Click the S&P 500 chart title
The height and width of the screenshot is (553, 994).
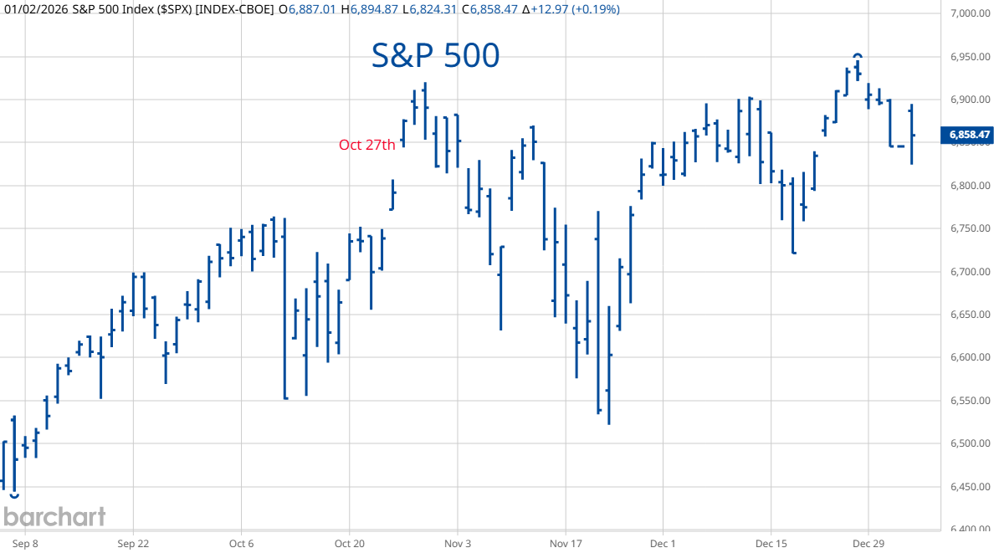pyautogui.click(x=435, y=56)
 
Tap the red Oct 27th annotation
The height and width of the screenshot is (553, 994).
pyautogui.click(x=366, y=145)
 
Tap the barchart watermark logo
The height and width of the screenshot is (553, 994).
pyautogui.click(x=54, y=516)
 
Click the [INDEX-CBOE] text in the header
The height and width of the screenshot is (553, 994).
pyautogui.click(x=233, y=9)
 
